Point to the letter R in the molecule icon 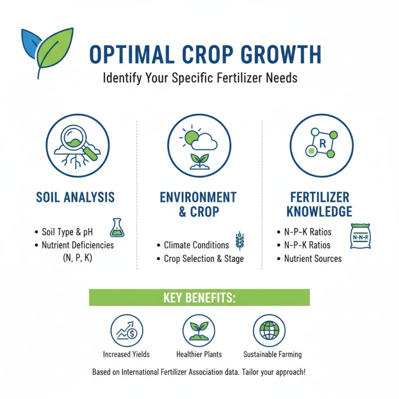tap(322, 144)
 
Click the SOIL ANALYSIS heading tap(75, 197)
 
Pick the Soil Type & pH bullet tap(68, 232)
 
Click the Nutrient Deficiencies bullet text tap(78, 245)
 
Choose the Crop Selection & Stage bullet tap(203, 259)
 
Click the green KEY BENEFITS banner tap(199, 297)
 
